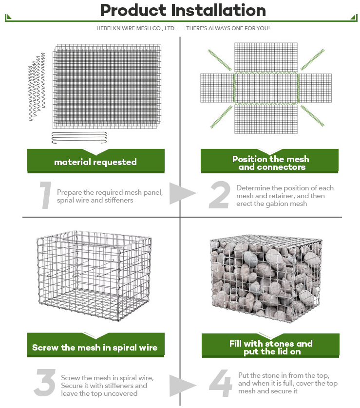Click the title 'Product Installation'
(x=183, y=10)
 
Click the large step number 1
(x=46, y=195)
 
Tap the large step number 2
(x=219, y=195)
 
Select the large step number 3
(x=45, y=383)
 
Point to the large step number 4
(x=221, y=383)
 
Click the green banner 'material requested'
(x=95, y=161)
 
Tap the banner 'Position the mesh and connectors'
(x=269, y=161)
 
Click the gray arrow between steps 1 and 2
(x=181, y=193)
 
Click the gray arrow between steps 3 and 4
(x=181, y=386)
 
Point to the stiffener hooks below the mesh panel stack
(x=79, y=138)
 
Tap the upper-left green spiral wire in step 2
(x=219, y=60)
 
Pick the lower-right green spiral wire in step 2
(x=312, y=115)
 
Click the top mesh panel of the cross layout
(x=266, y=58)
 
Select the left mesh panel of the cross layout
(x=217, y=88)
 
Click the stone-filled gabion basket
(x=266, y=278)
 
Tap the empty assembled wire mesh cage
(x=94, y=276)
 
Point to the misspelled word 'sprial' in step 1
(x=65, y=201)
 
